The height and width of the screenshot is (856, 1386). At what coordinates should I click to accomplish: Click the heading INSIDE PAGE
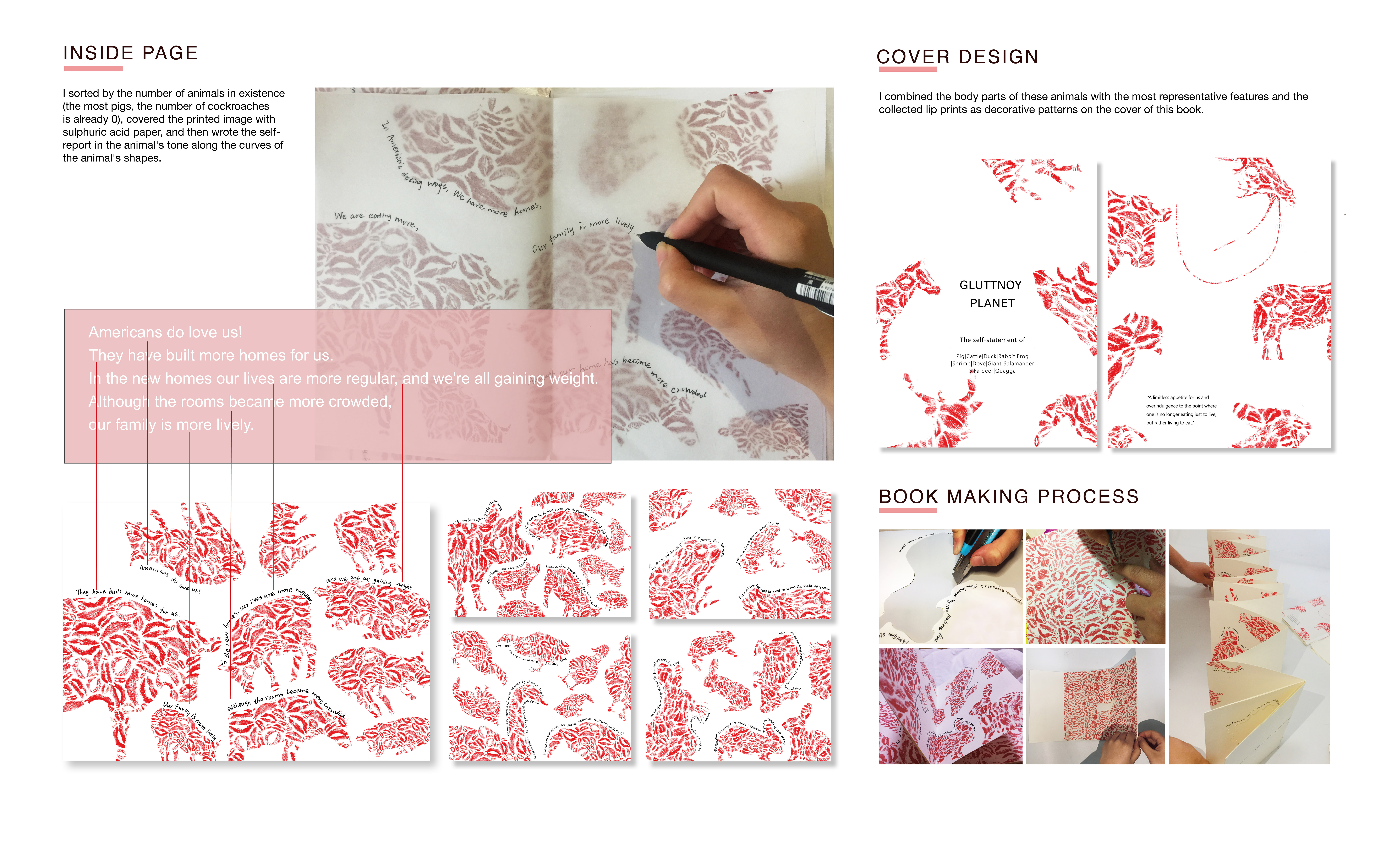[130, 53]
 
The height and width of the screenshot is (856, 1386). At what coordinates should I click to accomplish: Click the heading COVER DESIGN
[957, 57]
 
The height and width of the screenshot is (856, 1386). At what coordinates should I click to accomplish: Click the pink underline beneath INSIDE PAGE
[93, 68]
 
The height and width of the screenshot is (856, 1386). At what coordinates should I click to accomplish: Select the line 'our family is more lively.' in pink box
[171, 425]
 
